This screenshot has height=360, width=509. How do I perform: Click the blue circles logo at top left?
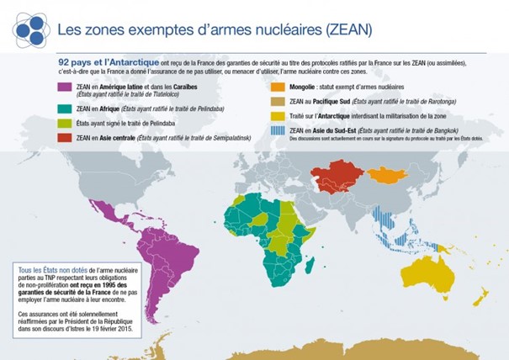click(30, 29)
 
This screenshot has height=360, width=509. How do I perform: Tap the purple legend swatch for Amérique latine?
click(64, 87)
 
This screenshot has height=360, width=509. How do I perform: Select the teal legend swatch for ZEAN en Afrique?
click(64, 108)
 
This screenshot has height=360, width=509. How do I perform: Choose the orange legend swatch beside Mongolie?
click(277, 86)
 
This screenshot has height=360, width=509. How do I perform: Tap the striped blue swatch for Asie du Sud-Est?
click(277, 132)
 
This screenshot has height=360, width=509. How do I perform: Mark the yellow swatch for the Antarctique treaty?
click(277, 115)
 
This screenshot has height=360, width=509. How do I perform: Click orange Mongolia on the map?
click(385, 176)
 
